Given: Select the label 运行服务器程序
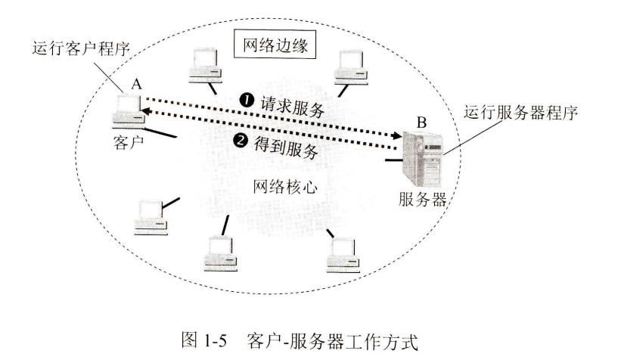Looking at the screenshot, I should (529, 115).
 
